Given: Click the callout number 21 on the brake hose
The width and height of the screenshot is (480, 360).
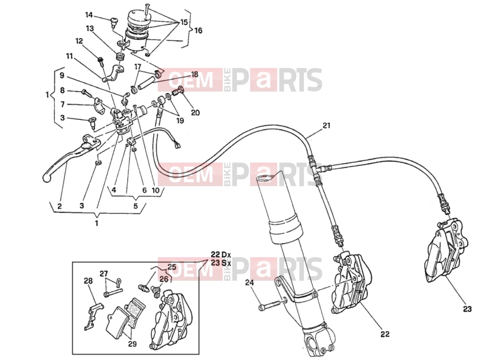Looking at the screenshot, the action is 327,125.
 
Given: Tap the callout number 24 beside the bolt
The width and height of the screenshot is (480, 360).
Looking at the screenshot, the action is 249,283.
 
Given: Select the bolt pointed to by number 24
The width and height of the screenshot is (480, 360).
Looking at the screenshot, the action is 270,305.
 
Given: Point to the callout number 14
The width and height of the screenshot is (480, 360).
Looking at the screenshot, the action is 89,15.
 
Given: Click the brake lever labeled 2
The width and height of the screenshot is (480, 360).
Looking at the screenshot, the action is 71,158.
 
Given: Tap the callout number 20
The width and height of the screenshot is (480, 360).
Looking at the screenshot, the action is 195,112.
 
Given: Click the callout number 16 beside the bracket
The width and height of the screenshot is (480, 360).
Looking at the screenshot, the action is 198,30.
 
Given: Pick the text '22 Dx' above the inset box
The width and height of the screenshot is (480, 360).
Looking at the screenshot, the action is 220,254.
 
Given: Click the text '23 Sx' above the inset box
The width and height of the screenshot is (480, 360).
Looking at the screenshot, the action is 220,262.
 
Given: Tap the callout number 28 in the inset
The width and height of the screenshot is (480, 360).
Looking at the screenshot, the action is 89,281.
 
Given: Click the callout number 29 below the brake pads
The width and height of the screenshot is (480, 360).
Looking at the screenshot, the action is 132,344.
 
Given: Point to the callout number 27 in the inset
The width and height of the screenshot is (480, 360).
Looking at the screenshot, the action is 104,273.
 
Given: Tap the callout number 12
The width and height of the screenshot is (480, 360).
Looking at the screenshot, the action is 79,41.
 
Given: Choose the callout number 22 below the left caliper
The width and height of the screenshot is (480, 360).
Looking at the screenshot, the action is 385,333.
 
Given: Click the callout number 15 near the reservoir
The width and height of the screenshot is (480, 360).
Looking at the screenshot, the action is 184,22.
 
